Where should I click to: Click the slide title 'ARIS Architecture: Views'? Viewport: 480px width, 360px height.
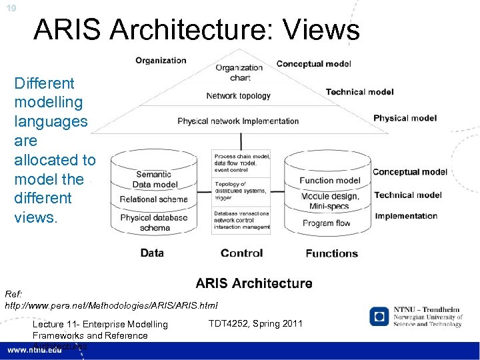coord(196,30)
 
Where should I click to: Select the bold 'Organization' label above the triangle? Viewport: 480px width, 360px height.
coord(161,61)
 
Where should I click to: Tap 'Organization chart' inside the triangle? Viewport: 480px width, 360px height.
coord(239,72)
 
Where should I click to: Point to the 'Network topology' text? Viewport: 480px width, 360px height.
coord(238,96)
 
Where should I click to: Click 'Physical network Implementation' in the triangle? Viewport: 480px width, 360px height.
coord(238,121)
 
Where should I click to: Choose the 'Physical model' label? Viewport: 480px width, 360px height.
coord(405,118)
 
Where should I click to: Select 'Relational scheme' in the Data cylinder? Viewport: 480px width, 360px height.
coord(153,199)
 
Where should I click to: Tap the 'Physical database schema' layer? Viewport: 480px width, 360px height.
coord(154,222)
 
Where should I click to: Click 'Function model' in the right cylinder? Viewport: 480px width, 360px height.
coord(329,181)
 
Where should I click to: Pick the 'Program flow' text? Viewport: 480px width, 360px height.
coord(326,223)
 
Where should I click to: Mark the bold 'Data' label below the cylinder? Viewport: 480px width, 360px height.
coord(152,253)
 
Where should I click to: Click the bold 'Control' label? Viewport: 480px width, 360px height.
coord(241,253)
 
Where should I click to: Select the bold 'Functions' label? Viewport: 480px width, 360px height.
coord(331,253)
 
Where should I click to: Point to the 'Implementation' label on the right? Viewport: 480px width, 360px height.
coord(406,216)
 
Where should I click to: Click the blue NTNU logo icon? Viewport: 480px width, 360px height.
coord(379,316)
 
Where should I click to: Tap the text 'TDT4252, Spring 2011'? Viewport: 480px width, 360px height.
coord(255,323)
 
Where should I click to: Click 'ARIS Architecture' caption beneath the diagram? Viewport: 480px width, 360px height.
coord(254,283)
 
